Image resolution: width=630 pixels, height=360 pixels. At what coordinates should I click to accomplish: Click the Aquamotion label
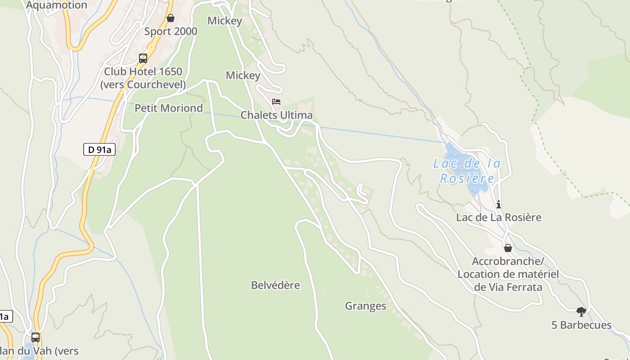tap(57, 5)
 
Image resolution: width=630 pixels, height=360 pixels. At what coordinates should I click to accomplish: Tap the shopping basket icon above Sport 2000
tap(171, 18)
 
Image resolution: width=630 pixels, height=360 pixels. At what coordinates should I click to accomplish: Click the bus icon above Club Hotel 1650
tap(143, 58)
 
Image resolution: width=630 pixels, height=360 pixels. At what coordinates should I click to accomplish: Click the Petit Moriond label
tap(169, 108)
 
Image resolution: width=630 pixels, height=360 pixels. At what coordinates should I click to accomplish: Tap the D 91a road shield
tap(99, 150)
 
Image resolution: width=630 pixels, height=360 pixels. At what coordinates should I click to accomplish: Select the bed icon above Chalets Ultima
tap(276, 102)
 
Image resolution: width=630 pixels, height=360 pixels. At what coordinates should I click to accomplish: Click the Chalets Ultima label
tap(276, 115)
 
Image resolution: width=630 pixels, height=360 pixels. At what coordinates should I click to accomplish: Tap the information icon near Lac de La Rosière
tap(499, 205)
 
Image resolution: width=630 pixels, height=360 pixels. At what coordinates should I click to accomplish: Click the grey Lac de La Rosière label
tap(499, 218)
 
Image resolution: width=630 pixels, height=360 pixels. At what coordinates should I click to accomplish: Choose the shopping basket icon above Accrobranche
tap(508, 248)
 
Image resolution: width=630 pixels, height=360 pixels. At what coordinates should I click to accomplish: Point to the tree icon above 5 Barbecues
tap(581, 311)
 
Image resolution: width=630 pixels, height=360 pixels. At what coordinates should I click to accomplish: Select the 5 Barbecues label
tap(581, 325)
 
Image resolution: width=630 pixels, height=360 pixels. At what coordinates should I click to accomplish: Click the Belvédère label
tap(275, 285)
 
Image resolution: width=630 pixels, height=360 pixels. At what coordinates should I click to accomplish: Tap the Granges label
tap(365, 306)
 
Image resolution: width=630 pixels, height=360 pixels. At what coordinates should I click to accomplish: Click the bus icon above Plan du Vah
tap(35, 337)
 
